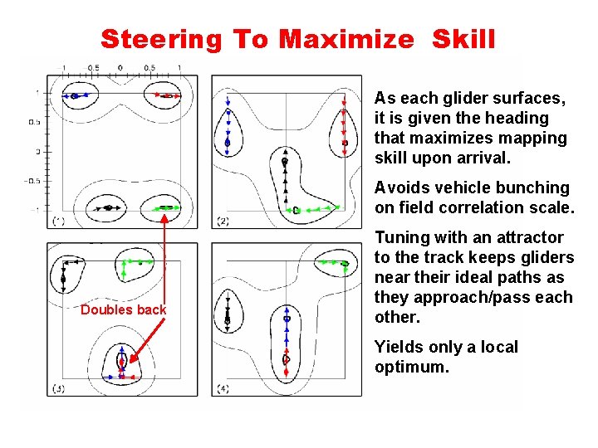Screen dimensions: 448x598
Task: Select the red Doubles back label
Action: (x=123, y=309)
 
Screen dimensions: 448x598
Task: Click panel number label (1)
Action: (x=58, y=221)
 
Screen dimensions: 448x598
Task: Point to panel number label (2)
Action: (x=223, y=221)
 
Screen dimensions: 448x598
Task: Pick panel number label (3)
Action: (x=58, y=387)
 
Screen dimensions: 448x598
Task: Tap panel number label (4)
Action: (x=223, y=387)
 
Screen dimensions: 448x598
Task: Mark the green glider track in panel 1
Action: (x=166, y=207)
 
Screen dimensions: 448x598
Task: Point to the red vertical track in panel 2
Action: (x=344, y=124)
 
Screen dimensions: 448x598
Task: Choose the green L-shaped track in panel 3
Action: (x=129, y=265)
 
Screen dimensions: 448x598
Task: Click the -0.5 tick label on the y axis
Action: (x=32, y=181)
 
